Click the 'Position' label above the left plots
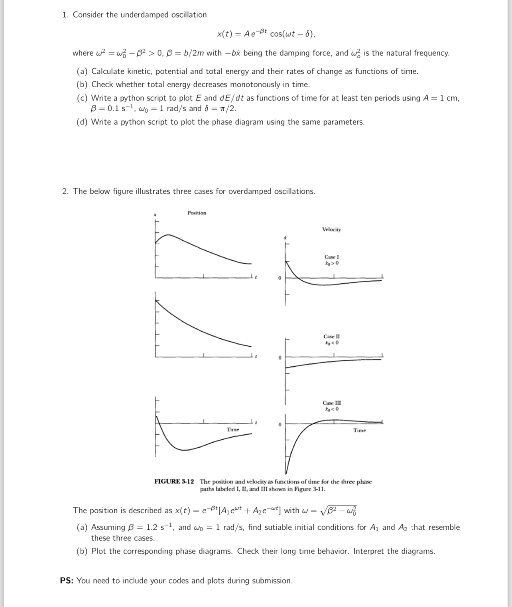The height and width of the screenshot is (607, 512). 197,213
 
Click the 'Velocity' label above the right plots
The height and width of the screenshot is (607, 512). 331,230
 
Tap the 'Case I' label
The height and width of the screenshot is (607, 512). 331,257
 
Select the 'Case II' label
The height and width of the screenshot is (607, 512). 331,337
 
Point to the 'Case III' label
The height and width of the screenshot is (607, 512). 331,403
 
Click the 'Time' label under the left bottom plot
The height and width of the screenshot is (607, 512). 233,430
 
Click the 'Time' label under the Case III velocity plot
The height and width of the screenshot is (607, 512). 359,430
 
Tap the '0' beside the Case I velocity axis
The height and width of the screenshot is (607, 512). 280,278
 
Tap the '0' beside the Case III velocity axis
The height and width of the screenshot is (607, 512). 280,425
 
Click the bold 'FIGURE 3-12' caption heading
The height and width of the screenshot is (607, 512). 174,482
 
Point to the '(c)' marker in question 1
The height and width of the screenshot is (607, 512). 82,98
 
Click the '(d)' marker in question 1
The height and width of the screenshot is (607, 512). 82,122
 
